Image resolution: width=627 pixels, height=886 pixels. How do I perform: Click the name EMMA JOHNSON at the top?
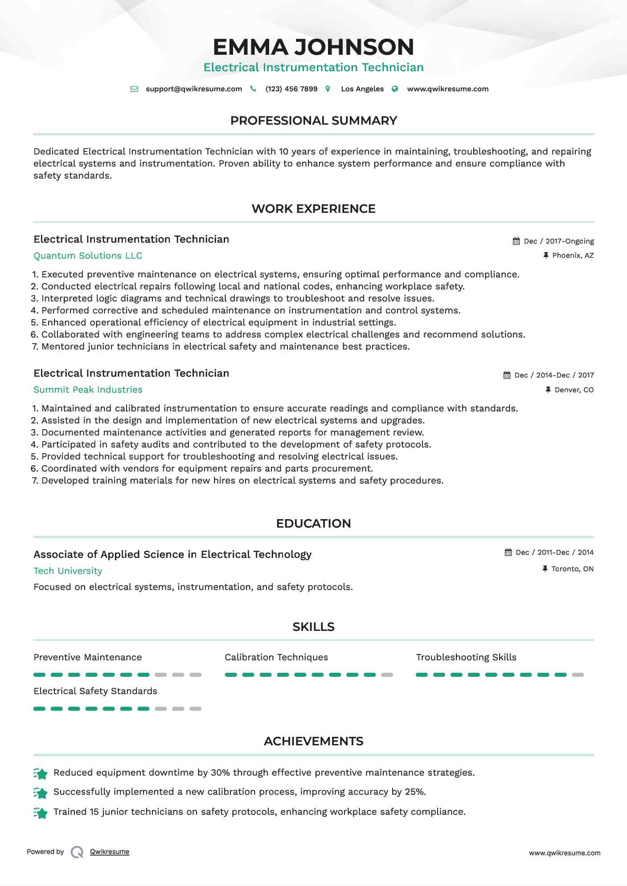point(313,47)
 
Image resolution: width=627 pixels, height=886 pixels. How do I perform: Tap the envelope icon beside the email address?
point(134,89)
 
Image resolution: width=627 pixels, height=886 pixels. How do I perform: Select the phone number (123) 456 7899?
point(291,89)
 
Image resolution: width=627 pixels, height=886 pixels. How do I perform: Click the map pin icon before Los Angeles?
point(328,89)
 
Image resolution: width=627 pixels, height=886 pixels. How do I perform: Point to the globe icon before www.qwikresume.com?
point(395,89)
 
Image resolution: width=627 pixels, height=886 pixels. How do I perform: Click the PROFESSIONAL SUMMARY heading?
point(313,121)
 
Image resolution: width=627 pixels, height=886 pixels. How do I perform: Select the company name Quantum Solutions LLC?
point(88,256)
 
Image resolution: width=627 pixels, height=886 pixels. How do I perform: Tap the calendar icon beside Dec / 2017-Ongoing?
point(516,241)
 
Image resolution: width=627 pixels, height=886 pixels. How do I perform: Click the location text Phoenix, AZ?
point(573,256)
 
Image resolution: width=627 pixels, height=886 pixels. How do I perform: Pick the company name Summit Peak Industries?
point(88,390)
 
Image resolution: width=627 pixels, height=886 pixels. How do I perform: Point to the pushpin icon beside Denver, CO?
point(548,390)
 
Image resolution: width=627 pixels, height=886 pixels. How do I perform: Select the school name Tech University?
point(68,571)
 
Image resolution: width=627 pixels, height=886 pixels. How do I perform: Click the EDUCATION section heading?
point(313,524)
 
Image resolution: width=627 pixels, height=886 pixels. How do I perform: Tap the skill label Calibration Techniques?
point(276,658)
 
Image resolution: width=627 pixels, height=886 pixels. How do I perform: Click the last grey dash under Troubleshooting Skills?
point(578,675)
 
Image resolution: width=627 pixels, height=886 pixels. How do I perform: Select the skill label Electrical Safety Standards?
point(95,691)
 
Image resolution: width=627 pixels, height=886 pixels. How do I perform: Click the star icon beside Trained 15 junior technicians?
point(41,813)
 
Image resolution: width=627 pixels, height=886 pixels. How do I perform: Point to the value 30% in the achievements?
point(220,773)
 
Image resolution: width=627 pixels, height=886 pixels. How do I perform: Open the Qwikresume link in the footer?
point(110,852)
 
